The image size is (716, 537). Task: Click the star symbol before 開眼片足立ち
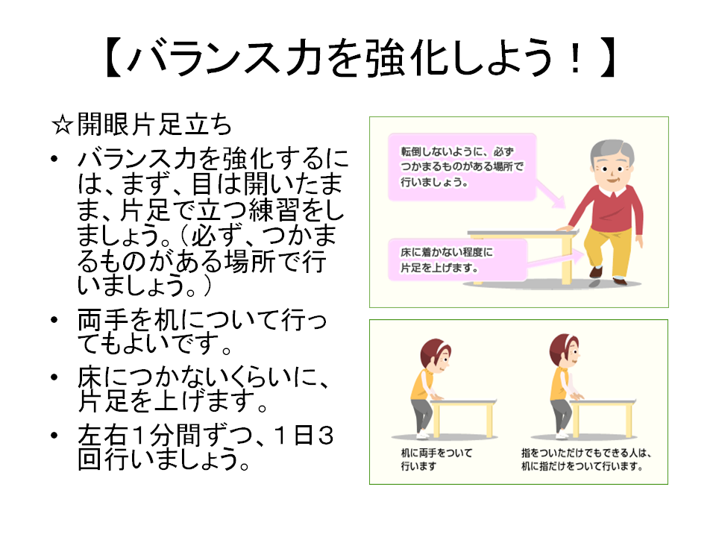62,125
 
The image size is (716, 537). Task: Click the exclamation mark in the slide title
576,58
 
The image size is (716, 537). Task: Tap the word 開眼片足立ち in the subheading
154,125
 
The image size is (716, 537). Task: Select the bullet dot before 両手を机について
54,319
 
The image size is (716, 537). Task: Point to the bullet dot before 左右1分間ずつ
54,435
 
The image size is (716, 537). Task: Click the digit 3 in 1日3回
325,435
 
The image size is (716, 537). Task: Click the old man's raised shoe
595,272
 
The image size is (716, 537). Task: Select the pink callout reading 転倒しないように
462,166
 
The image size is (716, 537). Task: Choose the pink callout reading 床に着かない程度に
457,260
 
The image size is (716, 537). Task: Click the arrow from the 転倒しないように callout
550,194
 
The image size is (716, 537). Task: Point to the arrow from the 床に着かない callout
555,259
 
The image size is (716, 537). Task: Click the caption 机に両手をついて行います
436,459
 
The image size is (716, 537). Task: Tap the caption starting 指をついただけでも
586,459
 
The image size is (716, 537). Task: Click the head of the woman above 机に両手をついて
435,354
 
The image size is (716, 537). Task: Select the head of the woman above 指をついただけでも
565,350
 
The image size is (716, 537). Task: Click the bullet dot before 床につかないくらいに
54,377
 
